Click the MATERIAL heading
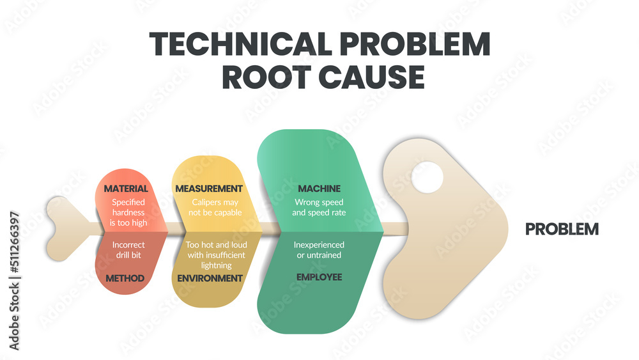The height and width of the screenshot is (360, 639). [x=126, y=189]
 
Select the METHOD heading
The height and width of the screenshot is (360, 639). [x=125, y=278]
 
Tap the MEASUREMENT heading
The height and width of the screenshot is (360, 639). [x=208, y=189]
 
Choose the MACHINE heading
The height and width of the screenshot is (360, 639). [x=319, y=189]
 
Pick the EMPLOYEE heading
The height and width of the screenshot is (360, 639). [x=319, y=277]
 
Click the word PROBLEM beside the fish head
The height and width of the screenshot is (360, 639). [x=562, y=229]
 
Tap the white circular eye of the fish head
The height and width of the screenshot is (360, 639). [x=427, y=177]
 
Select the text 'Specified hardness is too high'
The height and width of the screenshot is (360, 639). [x=129, y=212]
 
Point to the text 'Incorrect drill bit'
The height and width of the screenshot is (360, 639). [x=128, y=249]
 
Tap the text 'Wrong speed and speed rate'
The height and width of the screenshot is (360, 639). [x=319, y=207]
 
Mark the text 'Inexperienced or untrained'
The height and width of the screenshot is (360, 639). [x=319, y=250]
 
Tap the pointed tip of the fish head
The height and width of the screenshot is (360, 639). [x=508, y=229]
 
